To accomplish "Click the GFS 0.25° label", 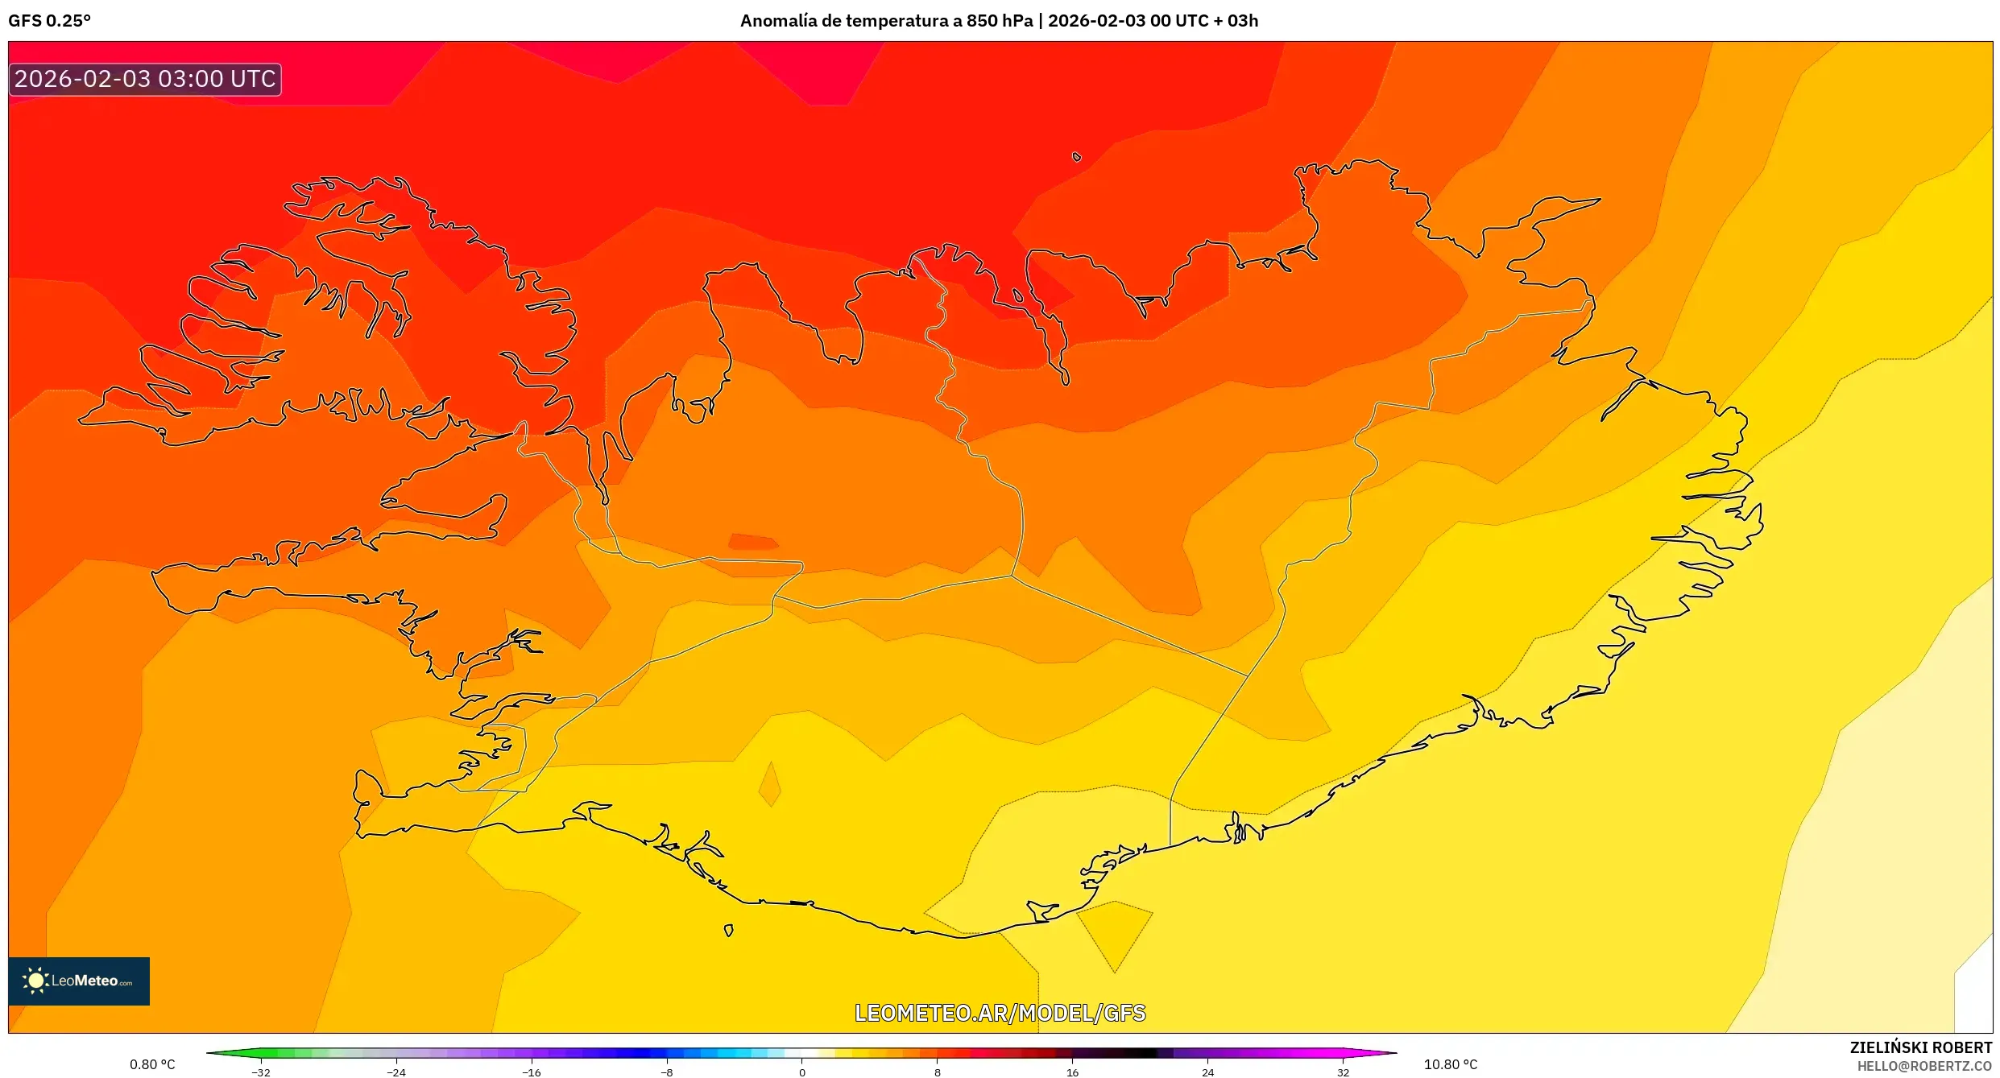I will click(50, 21).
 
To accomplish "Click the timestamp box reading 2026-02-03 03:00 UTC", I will click(145, 79).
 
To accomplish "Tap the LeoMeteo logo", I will click(78, 981).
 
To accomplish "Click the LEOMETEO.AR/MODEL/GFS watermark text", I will click(1000, 1013).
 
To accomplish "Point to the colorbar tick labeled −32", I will click(260, 1072).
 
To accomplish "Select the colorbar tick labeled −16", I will click(531, 1072).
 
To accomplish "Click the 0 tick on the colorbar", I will click(801, 1072).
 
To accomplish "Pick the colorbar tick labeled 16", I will click(1072, 1072).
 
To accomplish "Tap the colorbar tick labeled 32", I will click(1343, 1072).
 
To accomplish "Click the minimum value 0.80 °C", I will click(152, 1064).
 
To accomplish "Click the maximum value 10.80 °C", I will click(1450, 1064).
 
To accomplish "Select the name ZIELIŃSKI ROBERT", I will click(1920, 1047).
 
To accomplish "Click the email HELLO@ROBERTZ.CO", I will click(1924, 1066).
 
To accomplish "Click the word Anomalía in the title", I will click(777, 21).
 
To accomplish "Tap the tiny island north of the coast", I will click(1077, 157).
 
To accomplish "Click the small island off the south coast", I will click(728, 931).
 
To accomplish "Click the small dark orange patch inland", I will click(752, 542).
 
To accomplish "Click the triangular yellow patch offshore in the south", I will click(1115, 930).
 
